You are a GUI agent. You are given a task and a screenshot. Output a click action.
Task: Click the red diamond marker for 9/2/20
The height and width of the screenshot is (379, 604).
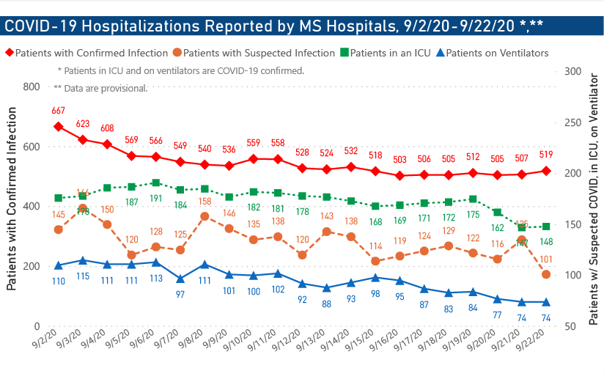point(58,126)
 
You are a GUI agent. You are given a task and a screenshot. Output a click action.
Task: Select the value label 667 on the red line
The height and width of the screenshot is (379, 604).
point(58,111)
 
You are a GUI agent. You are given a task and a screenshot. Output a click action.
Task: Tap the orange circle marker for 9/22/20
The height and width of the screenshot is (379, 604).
point(546,274)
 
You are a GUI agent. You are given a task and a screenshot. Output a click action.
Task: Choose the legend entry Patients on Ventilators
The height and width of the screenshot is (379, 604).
point(492,53)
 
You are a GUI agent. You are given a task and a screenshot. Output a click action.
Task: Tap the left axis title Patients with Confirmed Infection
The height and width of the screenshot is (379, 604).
point(12,198)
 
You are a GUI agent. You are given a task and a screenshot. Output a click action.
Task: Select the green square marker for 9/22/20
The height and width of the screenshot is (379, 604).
point(546,227)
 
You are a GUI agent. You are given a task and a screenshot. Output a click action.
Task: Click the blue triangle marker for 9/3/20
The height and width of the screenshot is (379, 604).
point(83,260)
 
